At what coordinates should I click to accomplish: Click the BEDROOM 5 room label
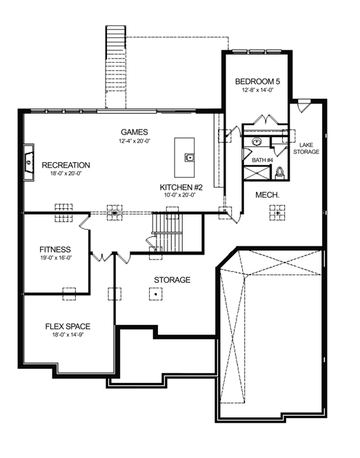pyautogui.click(x=257, y=81)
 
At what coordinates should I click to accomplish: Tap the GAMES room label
pyautogui.click(x=134, y=132)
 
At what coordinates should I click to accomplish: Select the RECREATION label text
pyautogui.click(x=66, y=165)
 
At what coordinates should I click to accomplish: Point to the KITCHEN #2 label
pyautogui.click(x=181, y=187)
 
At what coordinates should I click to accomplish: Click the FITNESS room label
pyautogui.click(x=55, y=250)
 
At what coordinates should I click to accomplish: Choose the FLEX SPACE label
pyautogui.click(x=68, y=326)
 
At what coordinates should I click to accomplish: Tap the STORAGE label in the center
pyautogui.click(x=172, y=280)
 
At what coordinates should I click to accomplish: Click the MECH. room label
pyautogui.click(x=267, y=195)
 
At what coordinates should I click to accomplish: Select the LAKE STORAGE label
pyautogui.click(x=306, y=148)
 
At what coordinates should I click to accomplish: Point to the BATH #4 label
pyautogui.click(x=262, y=160)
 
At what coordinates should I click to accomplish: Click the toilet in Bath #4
pyautogui.click(x=280, y=172)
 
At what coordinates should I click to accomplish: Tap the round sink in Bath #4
pyautogui.click(x=257, y=142)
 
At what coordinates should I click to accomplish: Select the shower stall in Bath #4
pyautogui.click(x=257, y=172)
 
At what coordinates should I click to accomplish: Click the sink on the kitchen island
pyautogui.click(x=189, y=157)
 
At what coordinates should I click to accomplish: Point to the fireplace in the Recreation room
pyautogui.click(x=28, y=162)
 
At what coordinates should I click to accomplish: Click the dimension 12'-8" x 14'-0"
pyautogui.click(x=257, y=90)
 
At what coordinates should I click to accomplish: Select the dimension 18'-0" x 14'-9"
pyautogui.click(x=68, y=335)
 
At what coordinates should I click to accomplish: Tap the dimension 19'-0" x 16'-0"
pyautogui.click(x=56, y=258)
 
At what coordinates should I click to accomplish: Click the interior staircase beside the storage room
pyautogui.click(x=168, y=232)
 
